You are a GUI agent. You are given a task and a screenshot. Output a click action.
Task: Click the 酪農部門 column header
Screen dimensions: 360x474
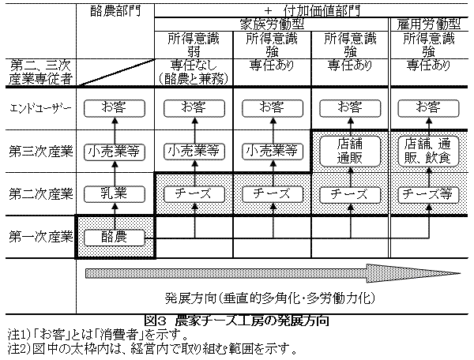point(115,13)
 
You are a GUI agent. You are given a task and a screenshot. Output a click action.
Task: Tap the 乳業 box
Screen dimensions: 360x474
point(115,193)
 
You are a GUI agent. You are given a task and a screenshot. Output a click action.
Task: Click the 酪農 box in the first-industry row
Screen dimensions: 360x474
point(115,236)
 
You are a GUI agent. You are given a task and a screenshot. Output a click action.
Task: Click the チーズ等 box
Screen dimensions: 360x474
point(431,193)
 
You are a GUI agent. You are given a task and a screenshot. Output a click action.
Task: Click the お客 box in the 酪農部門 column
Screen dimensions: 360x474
point(115,106)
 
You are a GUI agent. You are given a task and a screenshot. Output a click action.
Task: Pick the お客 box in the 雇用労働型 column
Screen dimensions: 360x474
point(431,106)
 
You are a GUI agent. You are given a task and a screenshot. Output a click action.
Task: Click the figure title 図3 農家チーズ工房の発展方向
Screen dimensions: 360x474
point(237,321)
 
